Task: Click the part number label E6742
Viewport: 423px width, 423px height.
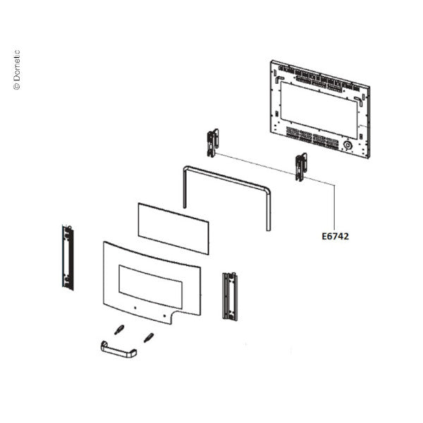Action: pyautogui.click(x=335, y=236)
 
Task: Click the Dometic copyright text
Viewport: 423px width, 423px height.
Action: pyautogui.click(x=17, y=70)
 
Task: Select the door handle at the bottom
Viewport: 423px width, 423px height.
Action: pyautogui.click(x=118, y=350)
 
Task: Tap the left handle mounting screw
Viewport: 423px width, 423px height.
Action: pyautogui.click(x=119, y=329)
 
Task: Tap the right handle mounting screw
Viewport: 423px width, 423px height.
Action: pyautogui.click(x=149, y=338)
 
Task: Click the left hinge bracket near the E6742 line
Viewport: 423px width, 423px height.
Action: pyautogui.click(x=213, y=143)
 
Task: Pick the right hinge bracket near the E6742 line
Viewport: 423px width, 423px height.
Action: pyautogui.click(x=301, y=166)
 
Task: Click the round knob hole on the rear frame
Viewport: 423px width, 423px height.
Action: pyautogui.click(x=348, y=146)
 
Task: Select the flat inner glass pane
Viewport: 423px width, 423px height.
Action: pyautogui.click(x=173, y=228)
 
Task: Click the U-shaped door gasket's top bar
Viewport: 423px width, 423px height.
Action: pyautogui.click(x=226, y=177)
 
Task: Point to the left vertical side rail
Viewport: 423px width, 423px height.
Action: pyautogui.click(x=68, y=257)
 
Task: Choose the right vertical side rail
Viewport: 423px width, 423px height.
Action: pyautogui.click(x=230, y=296)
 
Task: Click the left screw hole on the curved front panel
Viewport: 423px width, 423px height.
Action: pyautogui.click(x=135, y=307)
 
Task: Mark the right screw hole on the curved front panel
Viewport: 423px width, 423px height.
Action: pyautogui.click(x=164, y=316)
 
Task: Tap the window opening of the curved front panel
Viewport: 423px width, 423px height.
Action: pyautogui.click(x=151, y=286)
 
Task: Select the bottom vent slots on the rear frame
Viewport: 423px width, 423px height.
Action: pyautogui.click(x=312, y=137)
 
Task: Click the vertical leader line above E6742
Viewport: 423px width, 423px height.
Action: pyautogui.click(x=334, y=207)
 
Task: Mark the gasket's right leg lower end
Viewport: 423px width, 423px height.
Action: pyautogui.click(x=269, y=229)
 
